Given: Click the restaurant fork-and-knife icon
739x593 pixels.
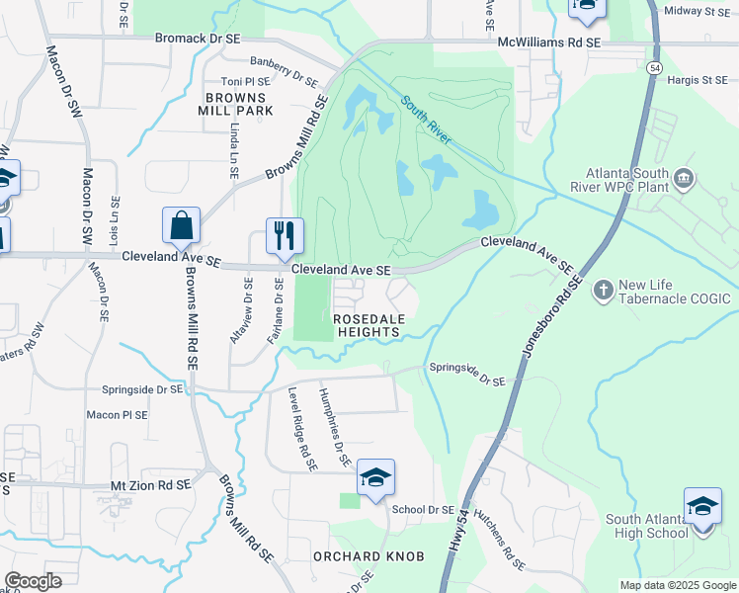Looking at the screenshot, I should pyautogui.click(x=285, y=234).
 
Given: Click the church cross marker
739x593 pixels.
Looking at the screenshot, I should pyautogui.click(x=604, y=290).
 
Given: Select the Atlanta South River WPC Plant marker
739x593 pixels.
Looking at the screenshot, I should pyautogui.click(x=684, y=179).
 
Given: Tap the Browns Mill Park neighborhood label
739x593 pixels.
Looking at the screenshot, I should pyautogui.click(x=236, y=104).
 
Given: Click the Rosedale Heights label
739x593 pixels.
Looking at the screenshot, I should pyautogui.click(x=367, y=326).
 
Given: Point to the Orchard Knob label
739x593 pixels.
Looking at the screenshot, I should pyautogui.click(x=369, y=556).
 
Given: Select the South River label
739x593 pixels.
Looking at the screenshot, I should pyautogui.click(x=427, y=120).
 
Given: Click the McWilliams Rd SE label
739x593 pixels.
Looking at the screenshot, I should pyautogui.click(x=549, y=43).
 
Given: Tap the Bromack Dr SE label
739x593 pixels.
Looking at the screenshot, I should pyautogui.click(x=199, y=38).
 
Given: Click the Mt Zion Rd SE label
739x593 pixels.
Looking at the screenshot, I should pyautogui.click(x=147, y=486).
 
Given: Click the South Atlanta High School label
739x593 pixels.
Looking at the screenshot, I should pyautogui.click(x=646, y=527).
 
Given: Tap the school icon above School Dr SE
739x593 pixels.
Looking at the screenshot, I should pyautogui.click(x=375, y=479).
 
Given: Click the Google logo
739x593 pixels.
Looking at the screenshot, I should pyautogui.click(x=33, y=581).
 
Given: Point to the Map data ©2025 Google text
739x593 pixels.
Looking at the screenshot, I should pyautogui.click(x=678, y=585).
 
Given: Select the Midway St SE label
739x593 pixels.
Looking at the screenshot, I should pyautogui.click(x=698, y=11).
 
